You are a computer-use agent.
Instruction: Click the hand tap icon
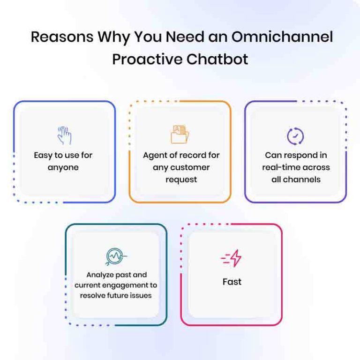[64, 135]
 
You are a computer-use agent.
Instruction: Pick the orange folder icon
[180, 134]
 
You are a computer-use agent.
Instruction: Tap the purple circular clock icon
[295, 136]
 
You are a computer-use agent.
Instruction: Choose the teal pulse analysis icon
[116, 256]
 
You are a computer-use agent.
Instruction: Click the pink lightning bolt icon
[231, 259]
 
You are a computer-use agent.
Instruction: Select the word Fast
[232, 282]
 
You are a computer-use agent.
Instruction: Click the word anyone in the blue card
[63, 167]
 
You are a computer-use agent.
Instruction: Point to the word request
[181, 180]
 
